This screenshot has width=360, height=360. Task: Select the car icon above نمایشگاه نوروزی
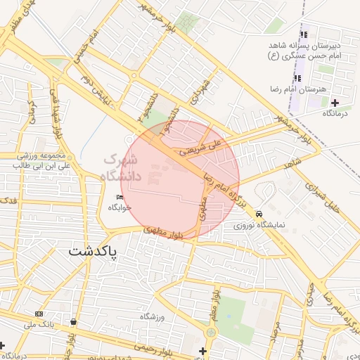click(259, 213)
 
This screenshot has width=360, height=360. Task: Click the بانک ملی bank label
click(39, 324)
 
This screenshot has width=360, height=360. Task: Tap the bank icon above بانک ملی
click(39, 314)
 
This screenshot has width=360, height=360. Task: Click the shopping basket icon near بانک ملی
click(74, 322)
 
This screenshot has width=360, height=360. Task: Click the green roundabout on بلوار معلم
click(211, 332)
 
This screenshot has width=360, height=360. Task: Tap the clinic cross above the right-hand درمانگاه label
click(335, 103)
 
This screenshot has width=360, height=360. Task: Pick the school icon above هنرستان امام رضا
click(297, 78)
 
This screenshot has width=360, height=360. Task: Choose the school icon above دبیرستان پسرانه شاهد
click(304, 34)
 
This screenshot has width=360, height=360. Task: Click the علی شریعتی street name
click(200, 146)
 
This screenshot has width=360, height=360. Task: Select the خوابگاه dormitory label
click(117, 208)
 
